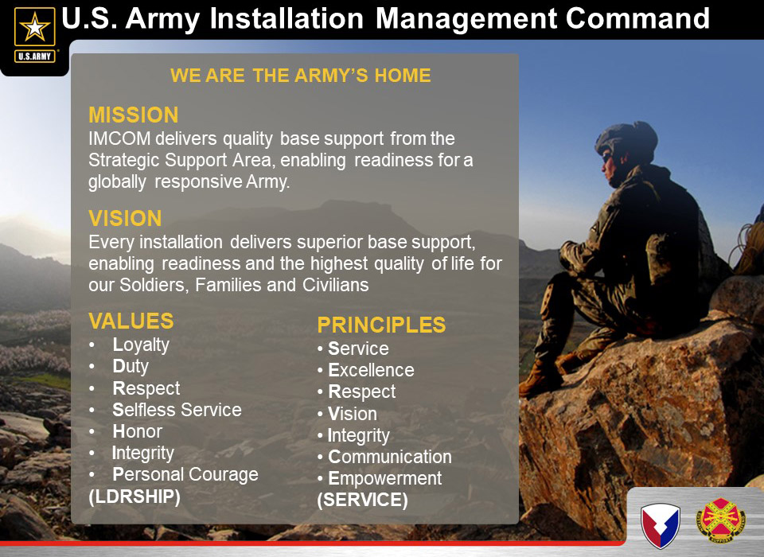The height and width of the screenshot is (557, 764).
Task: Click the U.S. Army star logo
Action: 34,34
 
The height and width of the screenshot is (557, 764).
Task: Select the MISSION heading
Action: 134,115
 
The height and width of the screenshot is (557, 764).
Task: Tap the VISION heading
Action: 125,218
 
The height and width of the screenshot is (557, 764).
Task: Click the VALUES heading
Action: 131,321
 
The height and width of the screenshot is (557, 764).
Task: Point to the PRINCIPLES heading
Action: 381,325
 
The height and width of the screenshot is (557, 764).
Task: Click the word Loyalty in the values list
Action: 141,345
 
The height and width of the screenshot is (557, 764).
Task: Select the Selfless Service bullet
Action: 177,410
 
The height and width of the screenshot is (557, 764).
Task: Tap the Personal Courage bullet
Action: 185,475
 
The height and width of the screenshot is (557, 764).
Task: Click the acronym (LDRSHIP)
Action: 134,497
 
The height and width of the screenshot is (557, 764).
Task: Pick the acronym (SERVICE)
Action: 363,500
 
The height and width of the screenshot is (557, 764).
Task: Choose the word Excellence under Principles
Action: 372,370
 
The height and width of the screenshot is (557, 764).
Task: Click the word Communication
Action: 390,457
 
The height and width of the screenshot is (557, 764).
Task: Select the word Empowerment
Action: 385,478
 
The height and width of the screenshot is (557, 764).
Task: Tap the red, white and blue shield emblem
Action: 661,526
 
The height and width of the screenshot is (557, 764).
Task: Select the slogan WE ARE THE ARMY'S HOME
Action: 301,76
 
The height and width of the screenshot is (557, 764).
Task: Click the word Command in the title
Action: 637,18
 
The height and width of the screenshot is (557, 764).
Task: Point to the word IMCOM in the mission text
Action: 119,139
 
